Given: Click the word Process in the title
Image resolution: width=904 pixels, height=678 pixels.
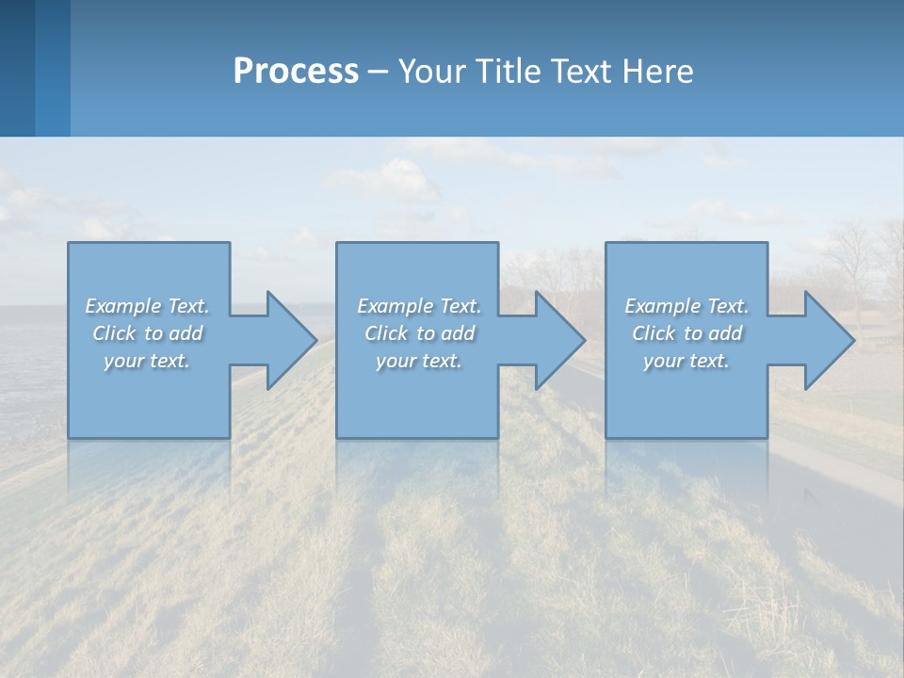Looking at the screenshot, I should (x=296, y=72).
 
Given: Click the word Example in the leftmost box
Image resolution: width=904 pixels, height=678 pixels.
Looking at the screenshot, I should (x=122, y=306).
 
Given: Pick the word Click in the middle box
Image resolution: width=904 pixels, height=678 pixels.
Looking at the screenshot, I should (x=386, y=333).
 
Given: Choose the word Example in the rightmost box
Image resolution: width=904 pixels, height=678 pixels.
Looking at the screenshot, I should (x=663, y=306).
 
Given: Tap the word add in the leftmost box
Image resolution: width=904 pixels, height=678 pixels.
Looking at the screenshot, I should (x=186, y=333).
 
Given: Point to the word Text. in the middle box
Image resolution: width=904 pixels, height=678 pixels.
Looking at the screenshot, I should (x=460, y=306).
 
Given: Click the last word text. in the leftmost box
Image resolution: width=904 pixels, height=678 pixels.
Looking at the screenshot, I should (x=169, y=361).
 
